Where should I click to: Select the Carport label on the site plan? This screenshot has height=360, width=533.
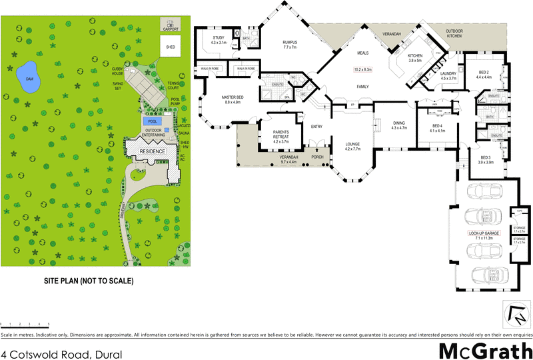pos(171,29)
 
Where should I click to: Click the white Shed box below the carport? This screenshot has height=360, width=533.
pos(171,46)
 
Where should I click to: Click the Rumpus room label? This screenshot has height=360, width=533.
pos(294,44)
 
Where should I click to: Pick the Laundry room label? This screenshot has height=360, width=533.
pos(448,75)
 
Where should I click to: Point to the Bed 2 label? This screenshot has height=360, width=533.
pos(484,74)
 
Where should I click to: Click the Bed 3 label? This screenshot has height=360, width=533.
pos(485,159)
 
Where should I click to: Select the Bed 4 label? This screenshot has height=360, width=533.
pos(436,128)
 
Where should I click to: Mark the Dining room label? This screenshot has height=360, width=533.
pos(399,125)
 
